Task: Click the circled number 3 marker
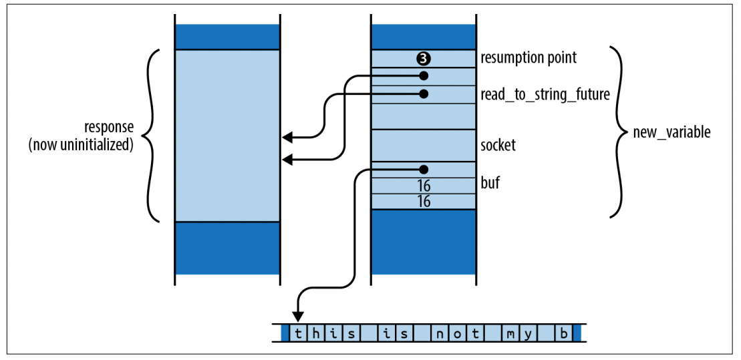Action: (x=423, y=58)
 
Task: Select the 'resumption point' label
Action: (x=529, y=58)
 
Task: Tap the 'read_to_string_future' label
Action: (x=545, y=95)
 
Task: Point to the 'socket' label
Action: (x=498, y=145)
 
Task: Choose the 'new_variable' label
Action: (x=672, y=132)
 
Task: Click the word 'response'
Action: (x=109, y=127)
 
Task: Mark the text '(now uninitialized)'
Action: (x=81, y=145)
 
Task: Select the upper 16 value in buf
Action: (x=423, y=186)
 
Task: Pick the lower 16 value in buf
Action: (x=423, y=201)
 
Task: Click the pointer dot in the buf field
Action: (x=423, y=170)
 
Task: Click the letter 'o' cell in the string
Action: (x=458, y=333)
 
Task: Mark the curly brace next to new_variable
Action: (x=618, y=132)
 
